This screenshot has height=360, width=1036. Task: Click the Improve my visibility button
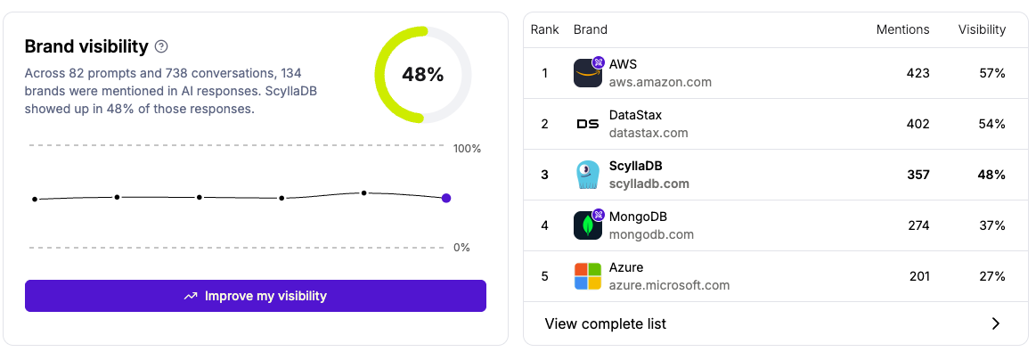coord(256,296)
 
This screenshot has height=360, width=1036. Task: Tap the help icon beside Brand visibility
coord(161,46)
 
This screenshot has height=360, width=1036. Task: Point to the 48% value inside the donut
coord(422,75)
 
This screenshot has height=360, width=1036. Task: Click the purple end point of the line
coord(446,198)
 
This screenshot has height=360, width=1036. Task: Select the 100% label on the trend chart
coord(468,149)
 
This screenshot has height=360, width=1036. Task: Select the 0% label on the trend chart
coord(461,248)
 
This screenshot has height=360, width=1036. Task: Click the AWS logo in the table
coord(588,73)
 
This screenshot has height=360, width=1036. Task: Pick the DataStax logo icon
coord(588,124)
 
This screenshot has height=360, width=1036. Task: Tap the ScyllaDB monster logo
coord(588,175)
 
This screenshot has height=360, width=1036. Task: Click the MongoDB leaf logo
coord(588,225)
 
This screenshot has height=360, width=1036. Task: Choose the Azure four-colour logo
coord(588,276)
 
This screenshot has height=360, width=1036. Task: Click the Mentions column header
coord(902,29)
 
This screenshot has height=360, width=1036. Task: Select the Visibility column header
coord(982,29)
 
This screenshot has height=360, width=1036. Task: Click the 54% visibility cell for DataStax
coord(991,124)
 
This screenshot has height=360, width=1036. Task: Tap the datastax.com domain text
coord(649,133)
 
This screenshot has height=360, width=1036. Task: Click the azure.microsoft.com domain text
coord(669,285)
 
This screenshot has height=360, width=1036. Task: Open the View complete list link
coord(606,323)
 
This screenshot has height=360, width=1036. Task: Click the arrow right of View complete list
coord(996,323)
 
